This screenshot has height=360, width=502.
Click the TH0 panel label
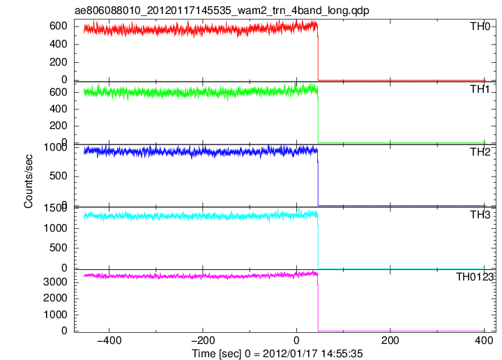480,27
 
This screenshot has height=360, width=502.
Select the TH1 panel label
480,89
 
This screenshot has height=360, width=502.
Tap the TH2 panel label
480,152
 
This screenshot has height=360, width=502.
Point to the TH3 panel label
480,215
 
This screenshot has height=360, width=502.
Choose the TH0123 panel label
475,277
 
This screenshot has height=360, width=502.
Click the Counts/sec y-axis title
28,181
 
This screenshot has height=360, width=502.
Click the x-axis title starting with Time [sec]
277,354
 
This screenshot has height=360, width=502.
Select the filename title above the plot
222,10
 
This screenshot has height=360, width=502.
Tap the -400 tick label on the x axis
109,340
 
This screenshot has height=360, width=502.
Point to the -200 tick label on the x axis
203,340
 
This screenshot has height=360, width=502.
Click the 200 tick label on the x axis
390,340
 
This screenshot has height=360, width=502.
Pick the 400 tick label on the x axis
484,340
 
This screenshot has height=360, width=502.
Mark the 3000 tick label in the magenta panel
55,282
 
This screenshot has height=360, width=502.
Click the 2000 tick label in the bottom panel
55,298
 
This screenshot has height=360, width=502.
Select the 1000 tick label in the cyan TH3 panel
55,228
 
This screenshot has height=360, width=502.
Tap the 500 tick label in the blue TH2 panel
59,176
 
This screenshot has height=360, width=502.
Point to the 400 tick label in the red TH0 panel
59,44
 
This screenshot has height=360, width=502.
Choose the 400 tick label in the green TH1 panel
59,109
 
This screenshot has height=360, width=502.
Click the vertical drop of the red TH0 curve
318,54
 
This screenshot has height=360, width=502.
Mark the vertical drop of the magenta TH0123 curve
318,304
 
